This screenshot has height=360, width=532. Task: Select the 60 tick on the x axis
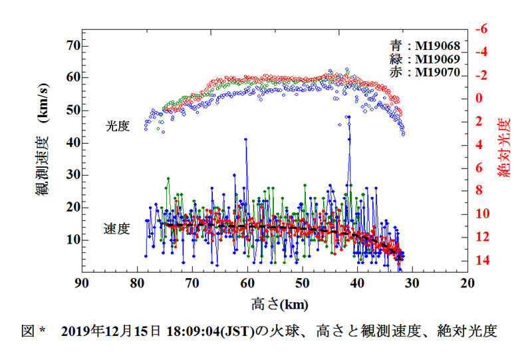point(247,283)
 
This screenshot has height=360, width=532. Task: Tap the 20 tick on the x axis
point(467,283)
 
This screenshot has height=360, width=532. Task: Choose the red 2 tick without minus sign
point(481,122)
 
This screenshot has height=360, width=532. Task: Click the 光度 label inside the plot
point(117,125)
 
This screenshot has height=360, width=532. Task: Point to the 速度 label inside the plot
point(116,229)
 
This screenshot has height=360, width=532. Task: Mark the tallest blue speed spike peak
point(348,116)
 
